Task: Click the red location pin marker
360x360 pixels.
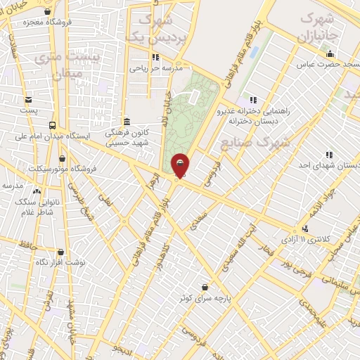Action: click(181, 165)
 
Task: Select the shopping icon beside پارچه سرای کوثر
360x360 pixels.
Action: click(205, 287)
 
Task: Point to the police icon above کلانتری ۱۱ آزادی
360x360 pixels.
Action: click(304, 229)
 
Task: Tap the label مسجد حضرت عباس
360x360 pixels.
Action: click(331, 65)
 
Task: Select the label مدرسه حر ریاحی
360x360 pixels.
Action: click(156, 69)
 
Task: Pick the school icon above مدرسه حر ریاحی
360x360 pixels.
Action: click(155, 58)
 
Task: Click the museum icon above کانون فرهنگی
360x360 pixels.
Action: click(127, 120)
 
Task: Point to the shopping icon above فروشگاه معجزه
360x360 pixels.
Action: click(47, 11)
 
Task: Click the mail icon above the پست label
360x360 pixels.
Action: click(28, 100)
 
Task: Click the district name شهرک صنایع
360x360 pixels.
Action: click(255, 143)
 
